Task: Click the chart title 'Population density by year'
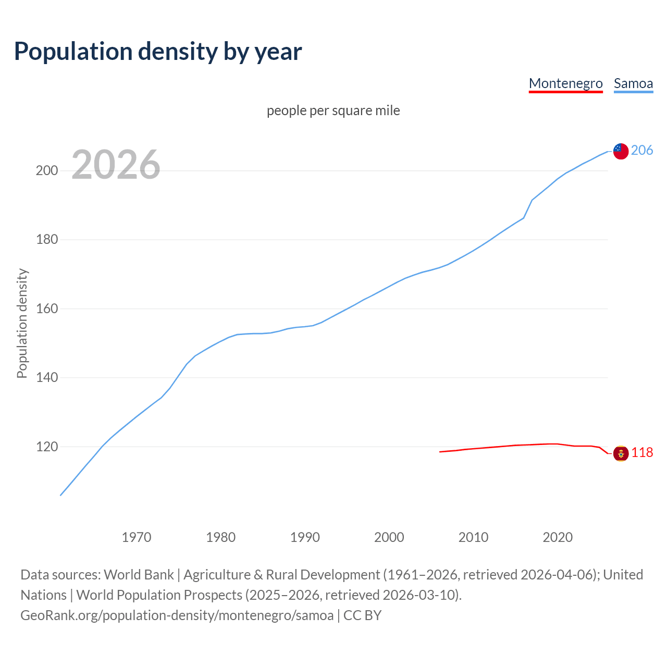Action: pos(158,52)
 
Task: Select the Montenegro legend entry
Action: pos(565,83)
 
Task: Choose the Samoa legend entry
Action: pos(633,83)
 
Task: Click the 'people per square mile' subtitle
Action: pos(333,110)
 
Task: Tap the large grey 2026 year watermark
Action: pos(116,165)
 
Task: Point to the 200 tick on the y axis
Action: pos(47,171)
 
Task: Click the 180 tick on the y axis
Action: pos(47,240)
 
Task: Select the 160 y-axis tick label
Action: pos(47,309)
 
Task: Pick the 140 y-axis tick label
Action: pos(47,378)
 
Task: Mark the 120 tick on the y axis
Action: pos(47,447)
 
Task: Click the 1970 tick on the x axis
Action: pos(137,537)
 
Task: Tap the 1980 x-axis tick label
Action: pos(221,537)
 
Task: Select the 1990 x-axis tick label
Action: pos(305,537)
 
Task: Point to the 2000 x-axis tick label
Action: pos(389,537)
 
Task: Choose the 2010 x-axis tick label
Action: pos(473,537)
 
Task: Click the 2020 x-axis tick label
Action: pos(558,537)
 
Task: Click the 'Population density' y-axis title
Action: pos(22,323)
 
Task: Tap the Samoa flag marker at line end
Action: pos(621,151)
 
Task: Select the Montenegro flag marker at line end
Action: pos(621,453)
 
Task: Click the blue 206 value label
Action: pos(642,151)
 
